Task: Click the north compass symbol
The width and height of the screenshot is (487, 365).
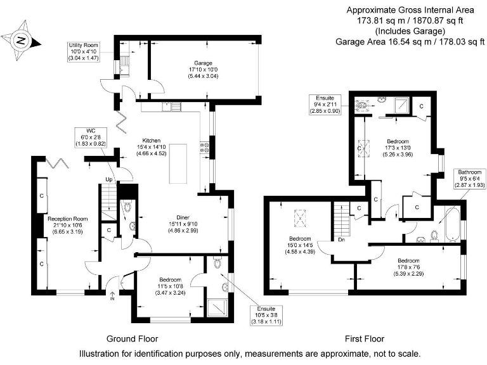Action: point(22,41)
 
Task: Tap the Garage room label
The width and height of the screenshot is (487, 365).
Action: point(203,69)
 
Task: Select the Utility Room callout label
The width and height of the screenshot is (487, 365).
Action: point(84,52)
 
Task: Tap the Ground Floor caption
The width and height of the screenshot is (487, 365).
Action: point(132,338)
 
